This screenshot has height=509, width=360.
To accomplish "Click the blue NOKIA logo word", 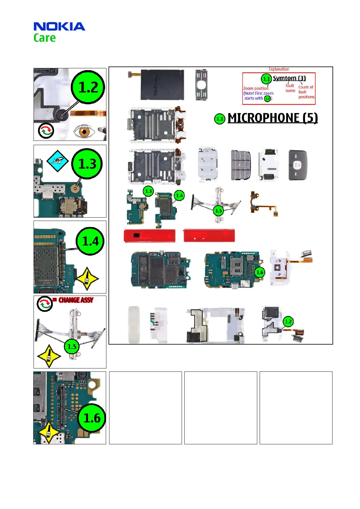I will tap(59, 27).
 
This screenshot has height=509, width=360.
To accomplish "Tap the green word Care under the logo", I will tap(44, 38).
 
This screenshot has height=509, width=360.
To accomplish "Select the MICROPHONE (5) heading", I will tap(272, 118).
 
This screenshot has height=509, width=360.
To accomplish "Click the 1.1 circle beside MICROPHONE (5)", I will tap(220, 119).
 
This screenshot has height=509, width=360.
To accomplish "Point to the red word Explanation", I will tap(279, 69).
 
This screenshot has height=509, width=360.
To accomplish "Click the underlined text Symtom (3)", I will tap(289, 78).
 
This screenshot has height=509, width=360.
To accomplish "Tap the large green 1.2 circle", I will tap(88, 87).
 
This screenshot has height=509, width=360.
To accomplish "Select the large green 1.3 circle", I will tap(87, 164).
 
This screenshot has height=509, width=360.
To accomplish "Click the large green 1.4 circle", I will tap(90, 241).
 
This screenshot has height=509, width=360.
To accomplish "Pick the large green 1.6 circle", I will tap(92, 418).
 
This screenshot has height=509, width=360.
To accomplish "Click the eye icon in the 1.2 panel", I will tap(84, 132).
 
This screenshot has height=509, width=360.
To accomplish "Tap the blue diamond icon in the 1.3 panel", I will tap(57, 161).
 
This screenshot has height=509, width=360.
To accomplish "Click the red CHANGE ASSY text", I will tap(76, 300).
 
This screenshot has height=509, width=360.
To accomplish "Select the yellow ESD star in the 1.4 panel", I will tap(87, 279).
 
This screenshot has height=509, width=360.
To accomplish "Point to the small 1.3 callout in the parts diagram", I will tap(148, 191).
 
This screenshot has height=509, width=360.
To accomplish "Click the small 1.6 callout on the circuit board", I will tap(260, 272).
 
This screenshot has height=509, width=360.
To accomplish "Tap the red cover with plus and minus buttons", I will tap(209, 235).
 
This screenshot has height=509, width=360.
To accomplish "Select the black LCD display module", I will tap(162, 85).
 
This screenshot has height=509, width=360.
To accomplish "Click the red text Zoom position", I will tap(256, 88).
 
